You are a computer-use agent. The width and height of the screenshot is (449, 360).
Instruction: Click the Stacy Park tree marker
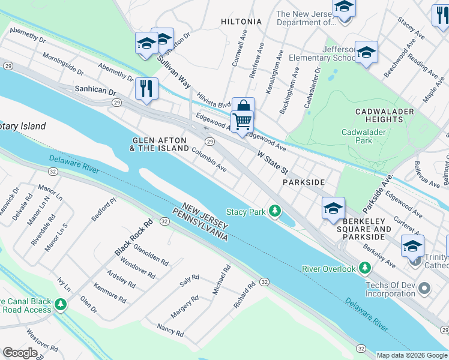click(x=275, y=211)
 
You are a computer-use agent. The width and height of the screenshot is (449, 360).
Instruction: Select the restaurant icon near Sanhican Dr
click(x=146, y=89)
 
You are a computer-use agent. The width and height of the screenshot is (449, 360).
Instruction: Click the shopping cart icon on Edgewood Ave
click(x=242, y=121)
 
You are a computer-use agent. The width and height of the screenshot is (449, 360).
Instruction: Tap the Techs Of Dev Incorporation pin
click(x=424, y=289)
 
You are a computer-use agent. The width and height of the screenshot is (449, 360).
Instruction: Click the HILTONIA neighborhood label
click(x=241, y=22)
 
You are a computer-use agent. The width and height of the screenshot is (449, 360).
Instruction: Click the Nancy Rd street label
click(x=170, y=329)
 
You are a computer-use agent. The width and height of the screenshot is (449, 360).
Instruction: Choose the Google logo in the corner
click(x=20, y=352)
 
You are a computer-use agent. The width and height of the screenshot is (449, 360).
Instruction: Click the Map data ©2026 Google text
click(x=411, y=355)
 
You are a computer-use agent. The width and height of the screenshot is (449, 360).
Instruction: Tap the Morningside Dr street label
click(x=62, y=64)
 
